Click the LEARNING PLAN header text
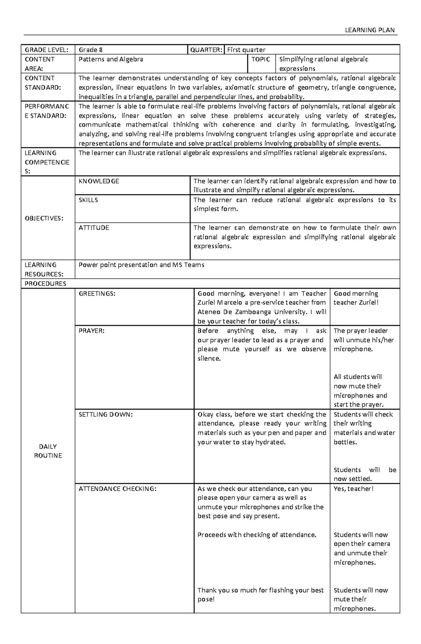(x=370, y=30)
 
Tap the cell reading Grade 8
(x=91, y=50)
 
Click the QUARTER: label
(x=206, y=50)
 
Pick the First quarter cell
(x=246, y=50)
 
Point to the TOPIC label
(x=261, y=59)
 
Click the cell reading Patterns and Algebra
(x=111, y=59)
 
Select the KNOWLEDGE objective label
(x=99, y=181)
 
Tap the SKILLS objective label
(x=88, y=200)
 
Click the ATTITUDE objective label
(x=94, y=228)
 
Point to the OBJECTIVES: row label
(x=44, y=218)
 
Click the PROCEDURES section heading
(x=45, y=284)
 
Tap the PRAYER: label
(x=92, y=331)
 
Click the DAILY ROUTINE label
(x=48, y=451)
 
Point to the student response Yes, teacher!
(x=353, y=489)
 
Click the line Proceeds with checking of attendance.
(x=257, y=535)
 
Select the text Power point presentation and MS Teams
(x=141, y=265)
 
